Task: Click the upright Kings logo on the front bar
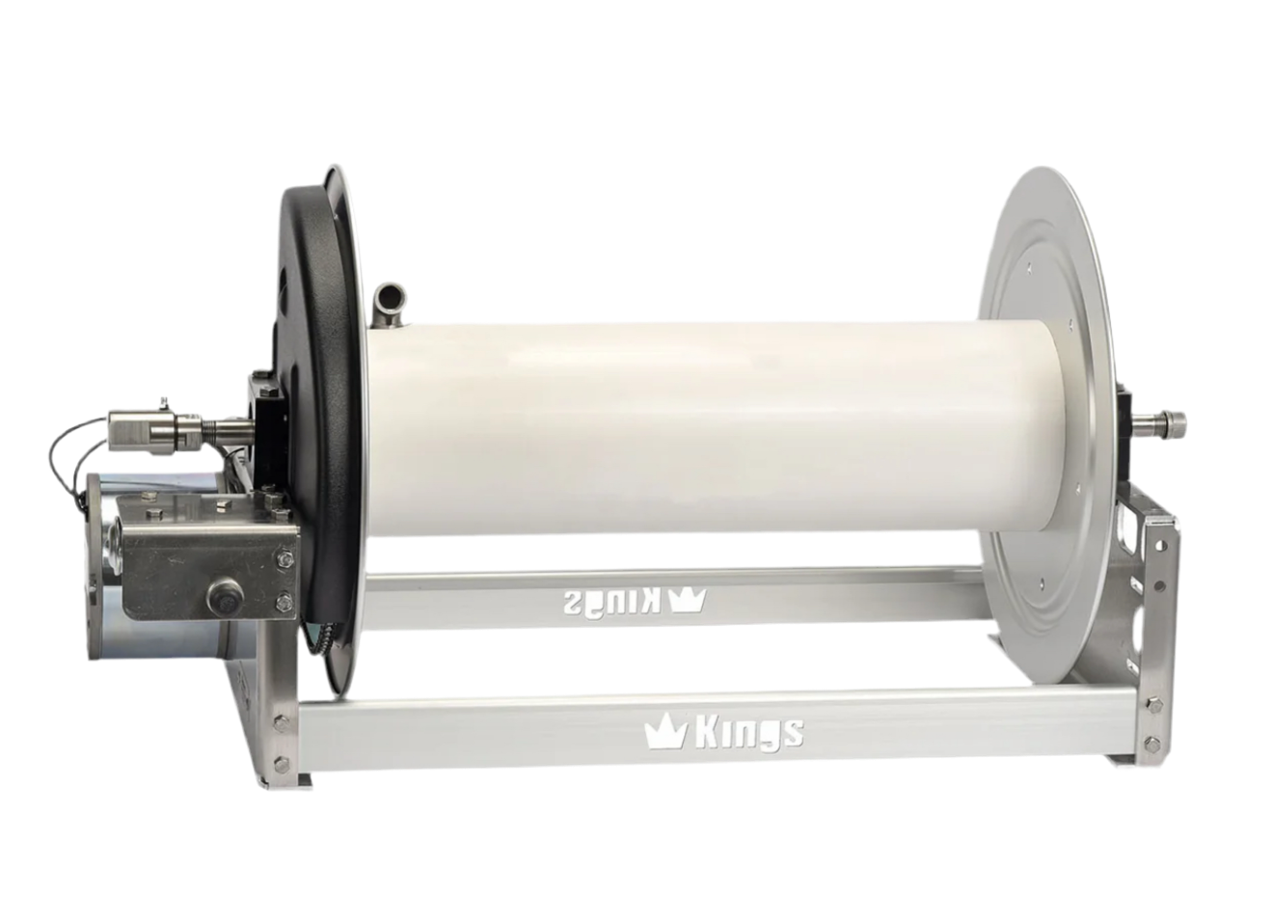pyautogui.click(x=723, y=734)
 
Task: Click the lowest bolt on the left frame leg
pyautogui.click(x=281, y=761)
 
